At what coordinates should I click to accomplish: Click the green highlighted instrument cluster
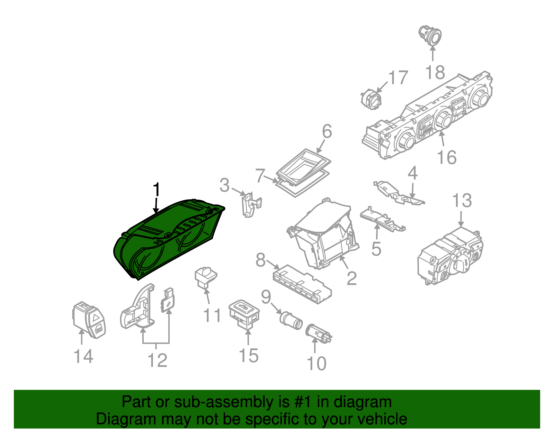coord(166,239)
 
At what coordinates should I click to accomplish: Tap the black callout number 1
coord(157,190)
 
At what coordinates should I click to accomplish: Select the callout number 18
coord(435,73)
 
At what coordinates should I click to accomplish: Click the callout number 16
coord(447,157)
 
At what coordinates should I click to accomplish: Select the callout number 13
coord(462,201)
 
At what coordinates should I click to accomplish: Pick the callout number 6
coord(327,131)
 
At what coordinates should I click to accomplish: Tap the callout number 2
coord(351,278)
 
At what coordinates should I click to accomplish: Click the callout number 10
coord(316,363)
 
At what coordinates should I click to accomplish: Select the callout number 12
coord(158,360)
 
